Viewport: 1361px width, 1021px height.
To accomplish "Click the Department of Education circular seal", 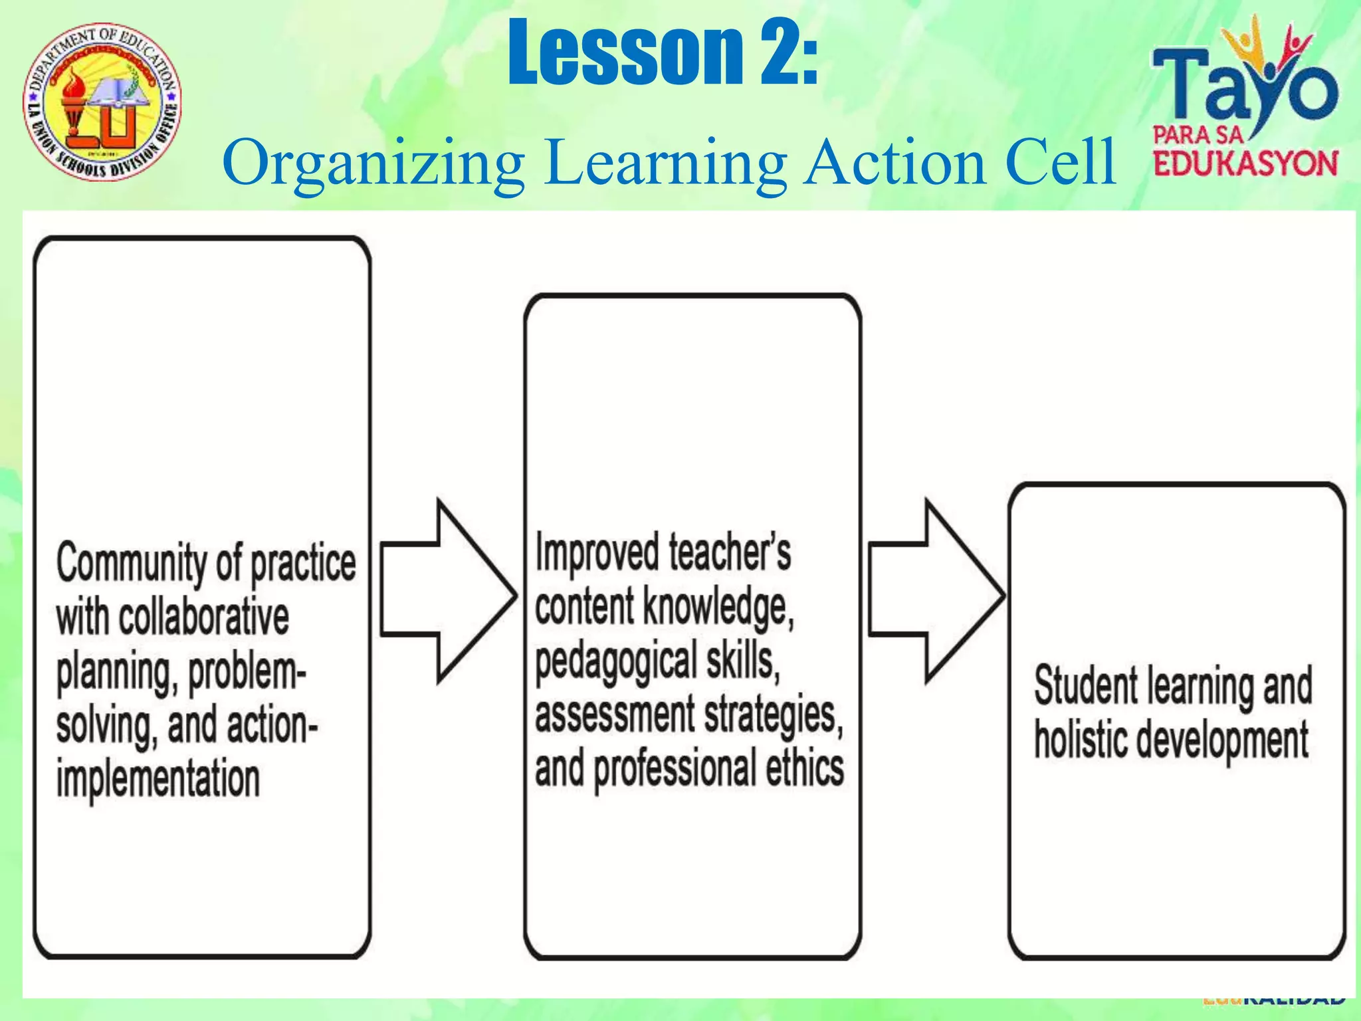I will click(x=102, y=102).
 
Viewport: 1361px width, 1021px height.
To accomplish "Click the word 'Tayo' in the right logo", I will click(x=1243, y=90).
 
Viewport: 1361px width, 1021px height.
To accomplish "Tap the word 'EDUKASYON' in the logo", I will click(x=1245, y=164).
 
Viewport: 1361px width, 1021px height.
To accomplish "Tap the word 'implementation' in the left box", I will click(x=158, y=779).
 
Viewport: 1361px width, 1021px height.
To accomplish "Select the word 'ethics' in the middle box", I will click(x=804, y=768).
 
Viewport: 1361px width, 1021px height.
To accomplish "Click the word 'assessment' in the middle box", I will click(x=614, y=715).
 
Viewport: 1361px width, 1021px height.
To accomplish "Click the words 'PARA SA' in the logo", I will click(x=1198, y=136).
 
